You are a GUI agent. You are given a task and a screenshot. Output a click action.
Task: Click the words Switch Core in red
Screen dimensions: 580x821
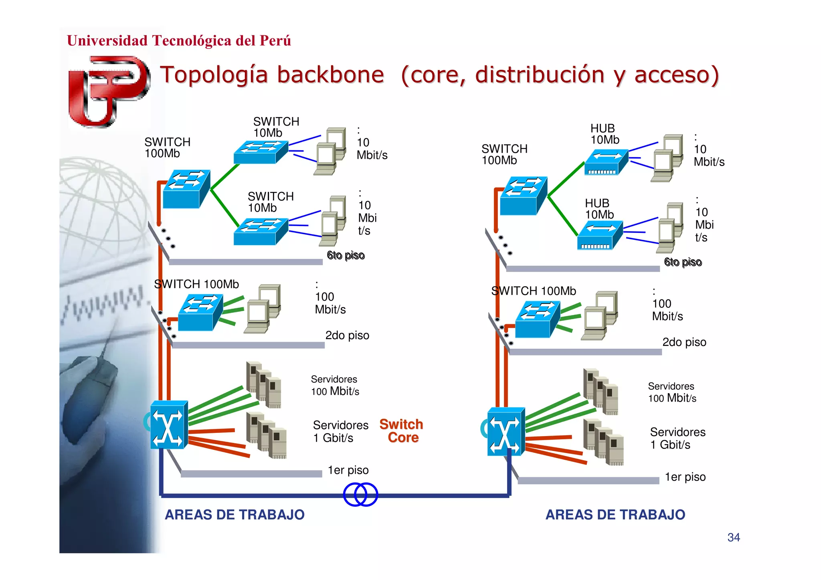[x=401, y=431]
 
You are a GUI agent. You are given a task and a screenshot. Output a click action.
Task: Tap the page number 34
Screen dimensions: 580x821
[x=733, y=537]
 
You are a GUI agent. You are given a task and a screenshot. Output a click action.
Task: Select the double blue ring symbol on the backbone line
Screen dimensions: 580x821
[x=360, y=494]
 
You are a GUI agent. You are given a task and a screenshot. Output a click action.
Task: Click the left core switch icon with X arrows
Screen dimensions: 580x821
[x=169, y=425]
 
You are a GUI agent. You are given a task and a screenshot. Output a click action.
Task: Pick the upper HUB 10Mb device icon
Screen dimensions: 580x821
[x=606, y=162]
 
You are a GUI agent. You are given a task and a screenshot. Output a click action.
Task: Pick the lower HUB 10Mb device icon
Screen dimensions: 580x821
[x=599, y=236]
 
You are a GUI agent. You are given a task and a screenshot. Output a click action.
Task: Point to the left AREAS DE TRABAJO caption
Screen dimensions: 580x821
[x=235, y=515]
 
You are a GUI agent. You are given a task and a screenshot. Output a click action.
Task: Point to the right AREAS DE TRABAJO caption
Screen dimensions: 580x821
[x=615, y=515]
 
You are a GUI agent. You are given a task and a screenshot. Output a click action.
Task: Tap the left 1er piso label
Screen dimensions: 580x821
[x=348, y=470]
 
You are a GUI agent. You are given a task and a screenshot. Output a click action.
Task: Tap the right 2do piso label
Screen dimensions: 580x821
[x=684, y=342]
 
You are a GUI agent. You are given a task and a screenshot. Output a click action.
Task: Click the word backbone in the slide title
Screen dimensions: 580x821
[x=330, y=75]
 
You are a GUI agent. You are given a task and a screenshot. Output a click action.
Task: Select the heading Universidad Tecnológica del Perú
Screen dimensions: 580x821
[x=179, y=40]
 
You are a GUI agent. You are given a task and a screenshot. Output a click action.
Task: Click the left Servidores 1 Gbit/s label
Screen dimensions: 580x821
[x=340, y=431]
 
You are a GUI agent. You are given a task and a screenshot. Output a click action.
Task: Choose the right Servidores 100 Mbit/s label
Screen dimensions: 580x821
[x=672, y=392]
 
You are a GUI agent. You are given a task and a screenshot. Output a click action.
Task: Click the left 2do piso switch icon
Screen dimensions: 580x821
[x=200, y=313]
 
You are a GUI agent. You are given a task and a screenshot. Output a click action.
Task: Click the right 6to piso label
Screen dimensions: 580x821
[x=682, y=262]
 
